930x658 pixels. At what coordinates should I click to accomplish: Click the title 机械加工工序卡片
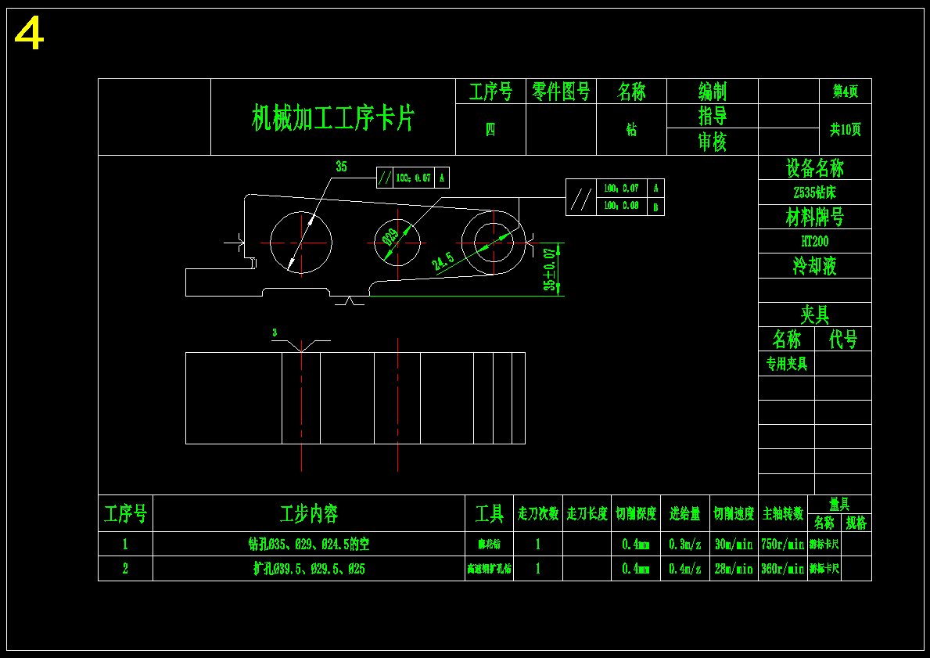(332, 117)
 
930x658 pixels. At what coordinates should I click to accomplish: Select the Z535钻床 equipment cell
(814, 192)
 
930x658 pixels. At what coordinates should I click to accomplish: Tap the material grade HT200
(814, 241)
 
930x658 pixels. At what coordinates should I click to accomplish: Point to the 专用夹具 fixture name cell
(786, 363)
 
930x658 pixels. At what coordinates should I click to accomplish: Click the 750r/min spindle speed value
(782, 544)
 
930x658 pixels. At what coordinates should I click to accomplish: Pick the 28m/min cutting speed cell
(734, 569)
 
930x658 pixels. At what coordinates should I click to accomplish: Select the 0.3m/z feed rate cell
(685, 544)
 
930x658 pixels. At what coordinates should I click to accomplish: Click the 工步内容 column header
(309, 514)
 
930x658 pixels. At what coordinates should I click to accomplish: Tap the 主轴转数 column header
(782, 514)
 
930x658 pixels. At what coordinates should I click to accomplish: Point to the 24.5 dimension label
(443, 262)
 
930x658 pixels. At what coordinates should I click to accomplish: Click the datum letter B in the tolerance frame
(656, 207)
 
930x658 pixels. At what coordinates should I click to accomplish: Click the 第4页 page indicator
(845, 92)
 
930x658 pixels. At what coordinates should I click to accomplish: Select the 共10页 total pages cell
(845, 130)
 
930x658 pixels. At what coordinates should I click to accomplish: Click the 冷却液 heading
(814, 266)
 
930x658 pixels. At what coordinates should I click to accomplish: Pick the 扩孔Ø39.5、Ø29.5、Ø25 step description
(309, 569)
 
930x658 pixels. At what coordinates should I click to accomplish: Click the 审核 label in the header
(712, 142)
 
